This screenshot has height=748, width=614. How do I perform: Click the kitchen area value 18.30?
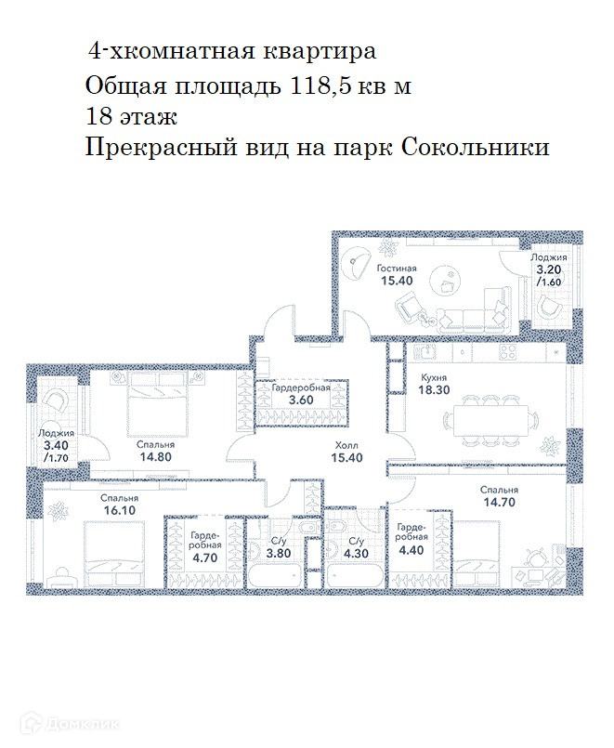[434, 389]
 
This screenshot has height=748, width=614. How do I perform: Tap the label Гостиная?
[396, 269]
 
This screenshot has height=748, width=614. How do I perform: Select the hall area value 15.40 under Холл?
[347, 457]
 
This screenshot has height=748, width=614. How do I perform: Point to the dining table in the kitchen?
[491, 420]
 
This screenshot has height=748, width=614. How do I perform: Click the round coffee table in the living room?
[445, 281]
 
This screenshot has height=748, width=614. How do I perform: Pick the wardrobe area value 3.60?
[301, 400]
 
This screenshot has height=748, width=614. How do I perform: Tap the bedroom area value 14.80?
[155, 456]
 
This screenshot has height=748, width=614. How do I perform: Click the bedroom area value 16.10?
[119, 510]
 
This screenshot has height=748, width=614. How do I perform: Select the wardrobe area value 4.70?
[205, 558]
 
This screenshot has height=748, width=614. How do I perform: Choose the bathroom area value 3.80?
[279, 554]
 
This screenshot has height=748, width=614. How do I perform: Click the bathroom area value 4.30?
[356, 554]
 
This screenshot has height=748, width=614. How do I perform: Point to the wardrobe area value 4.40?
[412, 549]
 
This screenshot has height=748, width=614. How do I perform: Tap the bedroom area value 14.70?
[499, 502]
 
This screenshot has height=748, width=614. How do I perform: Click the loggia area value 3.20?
[549, 269]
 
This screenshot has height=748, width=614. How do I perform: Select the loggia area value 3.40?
[56, 446]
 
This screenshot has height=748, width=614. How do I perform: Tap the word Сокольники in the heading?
[476, 148]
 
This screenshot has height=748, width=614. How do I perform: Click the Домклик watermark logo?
[72, 724]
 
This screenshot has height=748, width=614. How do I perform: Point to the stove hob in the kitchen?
[508, 352]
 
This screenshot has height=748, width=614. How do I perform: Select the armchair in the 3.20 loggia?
[548, 308]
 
